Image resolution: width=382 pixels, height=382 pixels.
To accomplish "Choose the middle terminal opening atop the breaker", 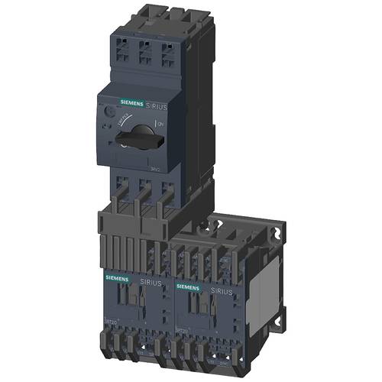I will click(x=144, y=50).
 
